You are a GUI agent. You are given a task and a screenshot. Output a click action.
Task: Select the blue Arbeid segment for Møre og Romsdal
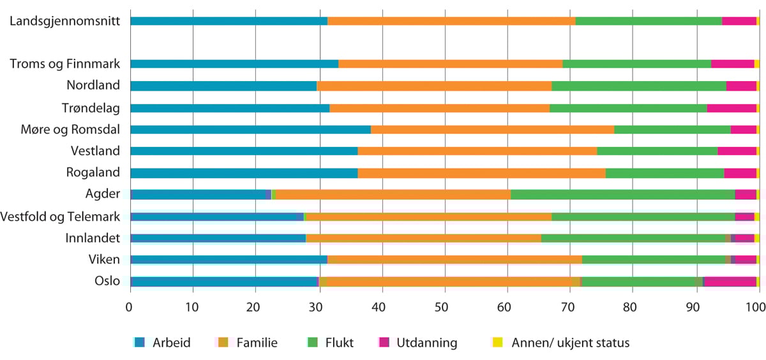pos(186,130)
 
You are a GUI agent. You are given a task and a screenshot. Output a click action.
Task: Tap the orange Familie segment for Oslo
pos(389,281)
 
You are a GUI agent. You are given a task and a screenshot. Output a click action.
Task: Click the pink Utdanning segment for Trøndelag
pos(731,108)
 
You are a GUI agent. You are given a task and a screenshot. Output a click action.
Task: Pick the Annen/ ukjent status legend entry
pos(561,343)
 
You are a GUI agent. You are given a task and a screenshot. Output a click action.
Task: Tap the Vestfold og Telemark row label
pos(61,216)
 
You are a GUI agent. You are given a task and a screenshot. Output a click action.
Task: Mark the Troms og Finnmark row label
pos(65,64)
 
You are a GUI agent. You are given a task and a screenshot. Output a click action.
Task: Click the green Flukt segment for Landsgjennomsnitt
pos(649,21)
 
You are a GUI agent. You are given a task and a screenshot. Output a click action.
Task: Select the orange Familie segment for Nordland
pos(434,86)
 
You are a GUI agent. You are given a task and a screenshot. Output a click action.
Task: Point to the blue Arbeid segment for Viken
pos(229,260)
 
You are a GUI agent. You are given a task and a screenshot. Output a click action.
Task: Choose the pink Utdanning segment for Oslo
pos(730,281)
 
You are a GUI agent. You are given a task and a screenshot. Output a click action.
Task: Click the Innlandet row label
pos(92,238)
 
